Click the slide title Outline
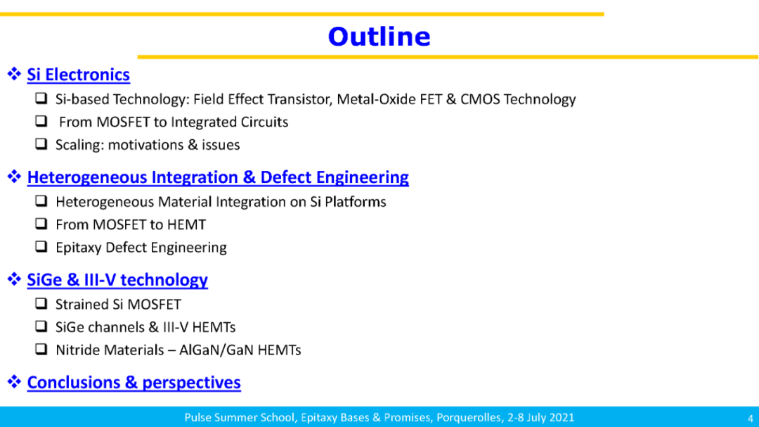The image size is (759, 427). pos(379,37)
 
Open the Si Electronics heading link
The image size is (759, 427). pos(79,75)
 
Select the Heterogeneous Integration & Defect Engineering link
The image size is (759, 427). pos(218,177)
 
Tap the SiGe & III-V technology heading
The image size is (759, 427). pos(117,280)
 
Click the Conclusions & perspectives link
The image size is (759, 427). pos(134,383)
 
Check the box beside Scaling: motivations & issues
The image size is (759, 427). pos(41,144)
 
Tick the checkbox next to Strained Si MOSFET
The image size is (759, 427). pos(41,303)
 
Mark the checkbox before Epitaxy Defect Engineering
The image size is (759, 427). pos(41,247)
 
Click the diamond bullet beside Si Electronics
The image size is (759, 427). pos(14,74)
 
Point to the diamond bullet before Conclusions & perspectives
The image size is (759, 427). pos(14,381)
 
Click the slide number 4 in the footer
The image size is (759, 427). pos(751,419)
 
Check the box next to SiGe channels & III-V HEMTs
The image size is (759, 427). pos(41,326)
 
